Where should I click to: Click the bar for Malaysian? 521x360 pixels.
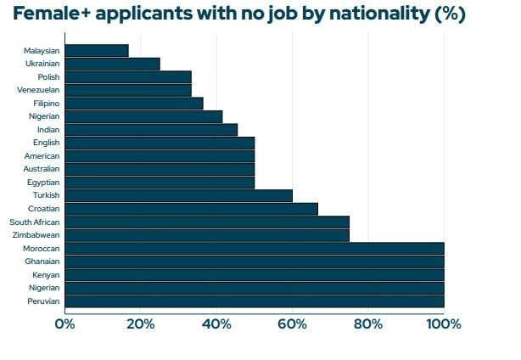[96, 50]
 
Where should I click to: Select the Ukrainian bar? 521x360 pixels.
[112, 64]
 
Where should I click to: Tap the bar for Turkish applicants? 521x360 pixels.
[178, 195]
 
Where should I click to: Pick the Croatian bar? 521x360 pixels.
[191, 209]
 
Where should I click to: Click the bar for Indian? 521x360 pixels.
[151, 129]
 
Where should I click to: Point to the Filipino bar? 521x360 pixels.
[133, 103]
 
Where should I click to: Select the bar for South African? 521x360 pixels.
[206, 222]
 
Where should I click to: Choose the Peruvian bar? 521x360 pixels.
[254, 301]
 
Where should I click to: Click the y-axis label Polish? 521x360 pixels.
[48, 76]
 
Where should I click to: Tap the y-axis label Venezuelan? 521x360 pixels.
[38, 89]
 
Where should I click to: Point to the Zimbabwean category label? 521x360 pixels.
[36, 235]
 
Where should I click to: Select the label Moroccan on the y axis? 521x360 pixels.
[41, 248]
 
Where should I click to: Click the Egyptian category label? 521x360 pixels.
[42, 182]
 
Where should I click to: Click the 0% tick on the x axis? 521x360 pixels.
[64, 323]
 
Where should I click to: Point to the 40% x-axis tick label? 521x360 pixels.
[216, 323]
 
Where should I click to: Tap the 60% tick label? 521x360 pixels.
[292, 323]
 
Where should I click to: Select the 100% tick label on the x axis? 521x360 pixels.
[443, 323]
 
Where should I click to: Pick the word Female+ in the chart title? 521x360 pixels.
[49, 15]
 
